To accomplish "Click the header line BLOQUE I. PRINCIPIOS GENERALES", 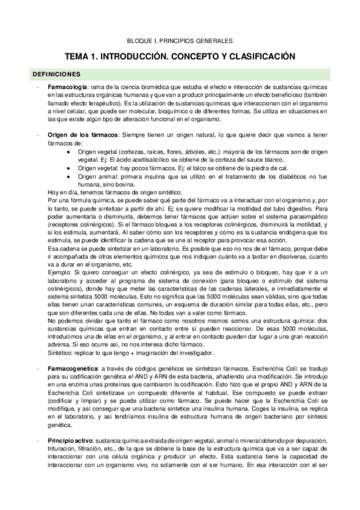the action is pyautogui.click(x=181, y=41).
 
